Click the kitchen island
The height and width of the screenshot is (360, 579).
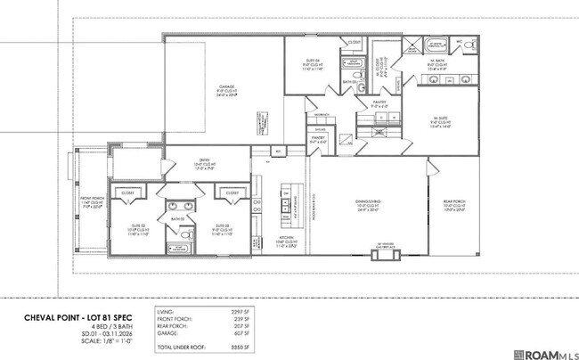coord(288,204)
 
